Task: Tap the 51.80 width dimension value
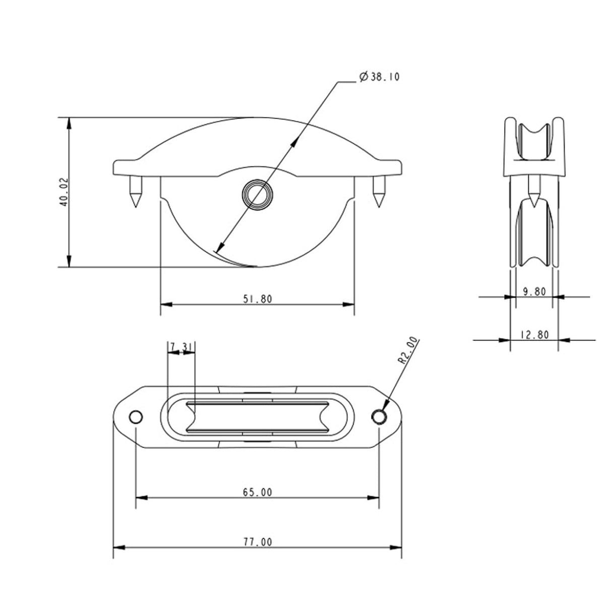(x=258, y=299)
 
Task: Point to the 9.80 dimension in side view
(x=534, y=291)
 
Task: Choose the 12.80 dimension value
(x=534, y=334)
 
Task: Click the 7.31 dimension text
(x=180, y=347)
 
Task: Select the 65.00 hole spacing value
(x=258, y=492)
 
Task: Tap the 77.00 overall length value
(x=258, y=542)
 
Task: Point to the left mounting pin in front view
(x=135, y=192)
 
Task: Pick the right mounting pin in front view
(x=378, y=192)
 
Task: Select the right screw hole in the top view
(x=379, y=416)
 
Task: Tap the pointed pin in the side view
(x=534, y=188)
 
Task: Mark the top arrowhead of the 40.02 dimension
(x=70, y=123)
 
